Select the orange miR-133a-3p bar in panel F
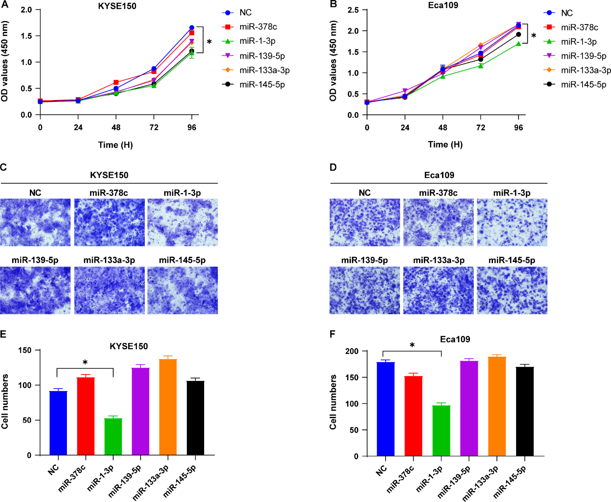click(x=497, y=406)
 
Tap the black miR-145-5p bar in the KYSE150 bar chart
click(x=195, y=418)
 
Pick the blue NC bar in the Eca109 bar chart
click(x=386, y=409)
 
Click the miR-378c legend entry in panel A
click(x=258, y=27)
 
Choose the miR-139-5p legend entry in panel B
click(x=583, y=56)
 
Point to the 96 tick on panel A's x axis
click(x=192, y=127)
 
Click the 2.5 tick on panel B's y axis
click(x=353, y=10)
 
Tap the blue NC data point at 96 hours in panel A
click(x=192, y=28)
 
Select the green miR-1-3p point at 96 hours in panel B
click(x=519, y=44)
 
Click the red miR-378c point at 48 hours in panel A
click(x=116, y=83)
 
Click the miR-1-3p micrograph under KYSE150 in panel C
click(x=182, y=223)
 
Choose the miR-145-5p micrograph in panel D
click(x=512, y=290)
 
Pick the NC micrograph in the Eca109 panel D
click(x=364, y=223)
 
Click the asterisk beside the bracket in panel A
click(x=209, y=42)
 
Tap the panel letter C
click(x=3, y=167)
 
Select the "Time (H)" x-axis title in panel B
click(x=445, y=144)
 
